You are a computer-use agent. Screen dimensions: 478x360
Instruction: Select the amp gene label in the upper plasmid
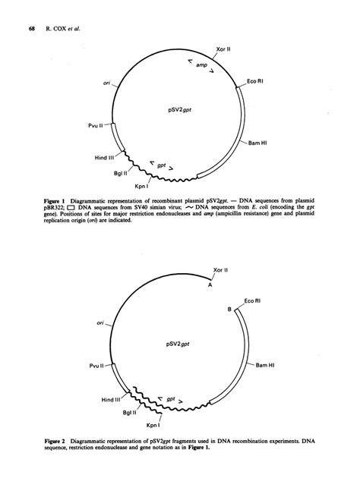tap(201, 67)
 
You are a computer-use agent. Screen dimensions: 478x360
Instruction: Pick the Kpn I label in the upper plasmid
tap(142, 184)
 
